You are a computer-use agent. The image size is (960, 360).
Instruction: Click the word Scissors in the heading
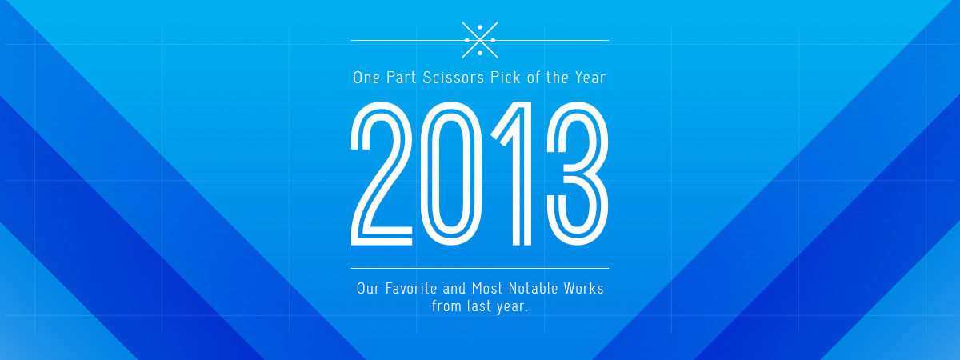[454, 78]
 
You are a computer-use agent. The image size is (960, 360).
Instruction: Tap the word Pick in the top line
[506, 78]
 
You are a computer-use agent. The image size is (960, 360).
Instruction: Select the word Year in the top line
[590, 78]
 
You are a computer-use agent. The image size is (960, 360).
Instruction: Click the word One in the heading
[366, 78]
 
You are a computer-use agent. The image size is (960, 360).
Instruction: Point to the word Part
[402, 78]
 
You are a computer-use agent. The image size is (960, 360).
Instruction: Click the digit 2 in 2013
[382, 174]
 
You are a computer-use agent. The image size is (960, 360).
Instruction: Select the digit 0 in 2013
[450, 174]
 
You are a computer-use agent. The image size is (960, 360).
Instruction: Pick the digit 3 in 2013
[578, 174]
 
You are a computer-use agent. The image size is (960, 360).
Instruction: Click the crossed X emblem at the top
[480, 40]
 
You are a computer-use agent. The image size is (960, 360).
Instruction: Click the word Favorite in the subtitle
[411, 289]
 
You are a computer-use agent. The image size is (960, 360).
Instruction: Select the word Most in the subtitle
[487, 289]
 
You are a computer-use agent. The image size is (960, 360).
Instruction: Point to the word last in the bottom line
[478, 306]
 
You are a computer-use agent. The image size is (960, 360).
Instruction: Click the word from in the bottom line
[446, 306]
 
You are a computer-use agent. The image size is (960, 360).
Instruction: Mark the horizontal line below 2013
[480, 268]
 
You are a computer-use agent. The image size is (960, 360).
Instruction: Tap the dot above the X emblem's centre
[480, 27]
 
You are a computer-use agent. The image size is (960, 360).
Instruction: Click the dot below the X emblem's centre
[480, 53]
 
